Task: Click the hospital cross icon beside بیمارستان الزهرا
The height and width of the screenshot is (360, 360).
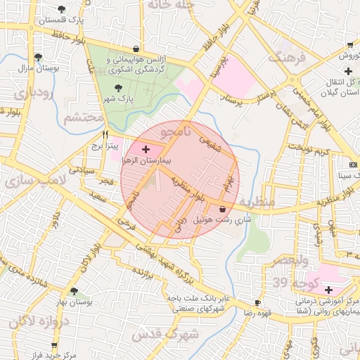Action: [x=146, y=149]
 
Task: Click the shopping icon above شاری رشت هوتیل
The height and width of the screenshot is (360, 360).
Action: [x=223, y=209]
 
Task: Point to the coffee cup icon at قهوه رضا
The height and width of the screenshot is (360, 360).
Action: [x=257, y=303]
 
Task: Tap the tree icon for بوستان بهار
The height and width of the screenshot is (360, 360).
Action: [x=74, y=291]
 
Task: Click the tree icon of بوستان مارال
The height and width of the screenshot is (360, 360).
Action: [x=37, y=58]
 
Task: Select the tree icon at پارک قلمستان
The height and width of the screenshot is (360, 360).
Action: [x=63, y=9]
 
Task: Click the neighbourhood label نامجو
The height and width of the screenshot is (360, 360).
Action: [x=176, y=131]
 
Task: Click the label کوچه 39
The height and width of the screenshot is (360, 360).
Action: [x=290, y=283]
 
